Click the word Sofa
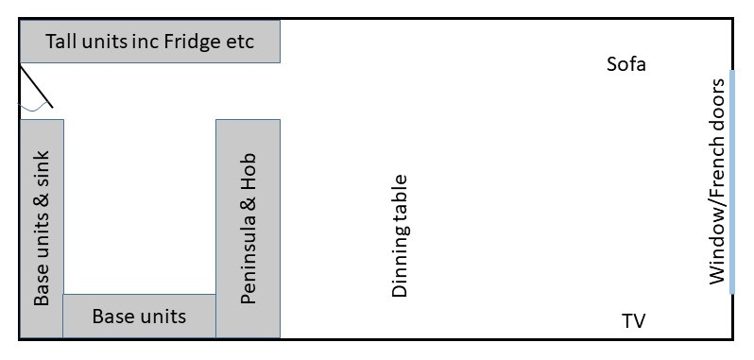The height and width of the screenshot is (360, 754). (625, 65)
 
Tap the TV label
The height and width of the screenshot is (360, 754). (633, 321)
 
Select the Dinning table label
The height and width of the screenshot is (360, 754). (400, 236)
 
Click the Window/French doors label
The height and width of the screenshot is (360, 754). (717, 180)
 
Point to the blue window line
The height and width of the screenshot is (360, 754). (732, 180)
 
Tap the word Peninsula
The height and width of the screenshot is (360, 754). (248, 262)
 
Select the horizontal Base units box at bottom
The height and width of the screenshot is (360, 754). (139, 316)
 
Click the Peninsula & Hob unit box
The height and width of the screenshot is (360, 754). (248, 228)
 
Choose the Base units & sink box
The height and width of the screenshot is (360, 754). (42, 228)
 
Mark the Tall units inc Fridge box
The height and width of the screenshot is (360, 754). (150, 43)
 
